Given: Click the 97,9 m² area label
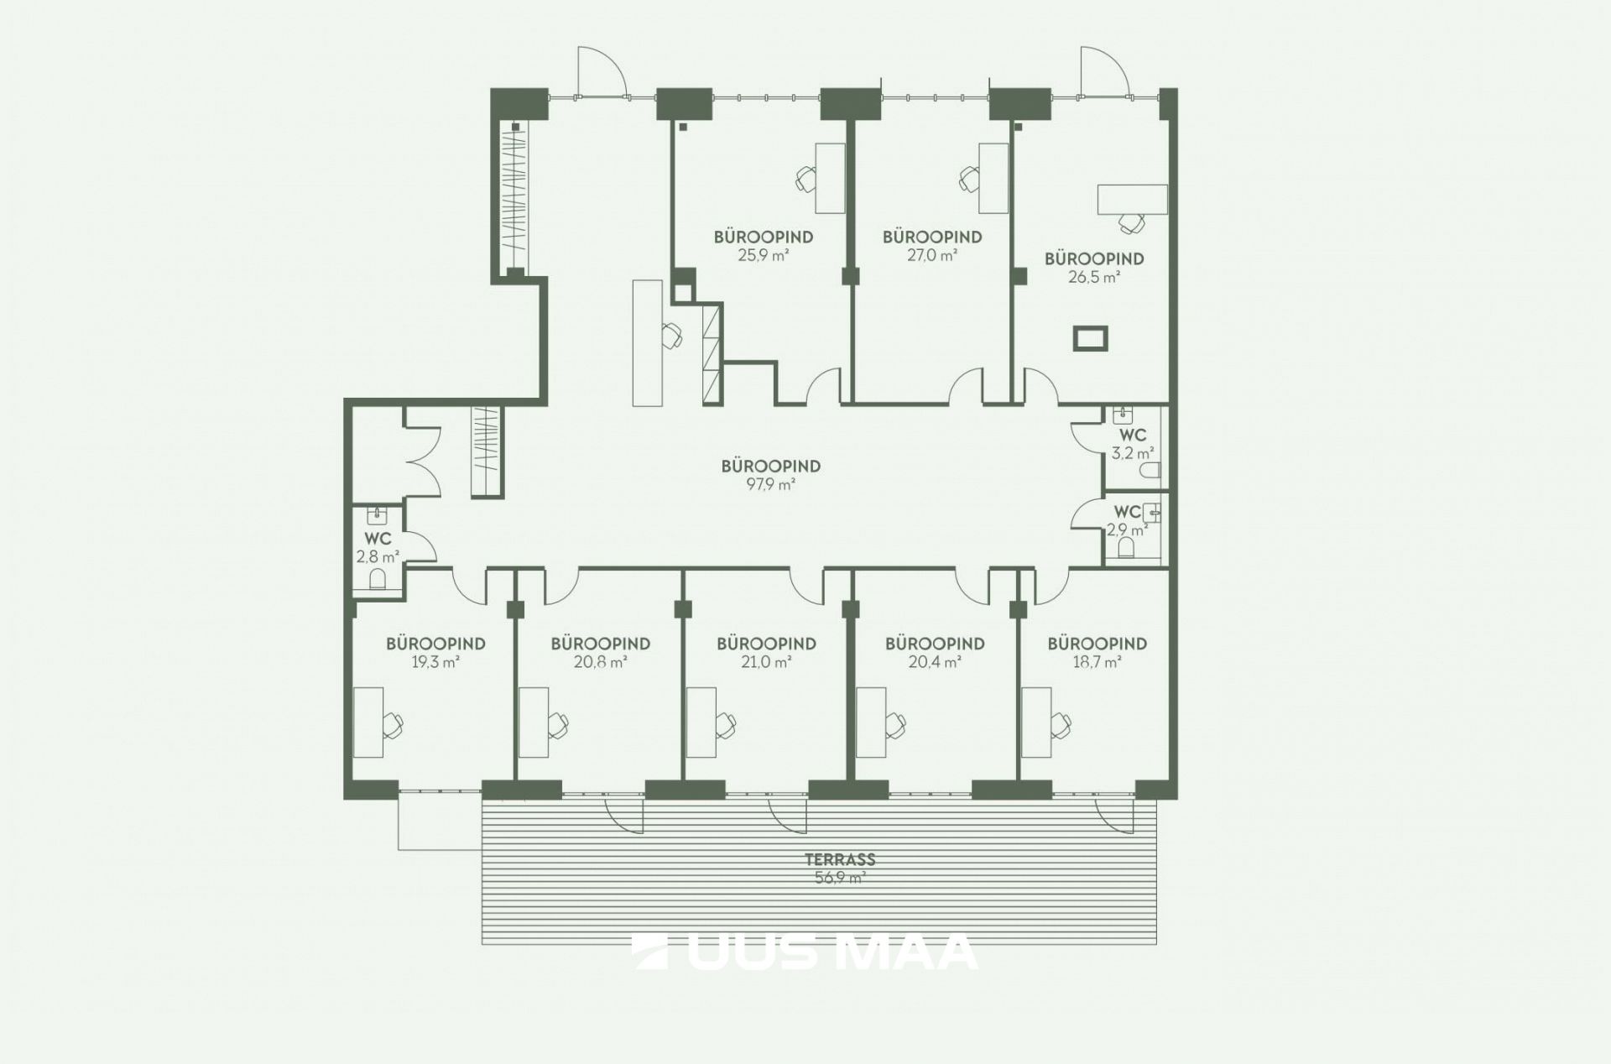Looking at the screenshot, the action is [x=771, y=484].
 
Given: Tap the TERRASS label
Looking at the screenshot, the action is [x=840, y=859].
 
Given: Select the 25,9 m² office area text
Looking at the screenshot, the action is [x=764, y=255].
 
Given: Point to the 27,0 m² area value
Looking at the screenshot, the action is [x=932, y=255].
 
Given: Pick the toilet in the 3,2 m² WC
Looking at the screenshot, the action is [x=1150, y=471].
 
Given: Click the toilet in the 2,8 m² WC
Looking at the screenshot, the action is [x=378, y=578].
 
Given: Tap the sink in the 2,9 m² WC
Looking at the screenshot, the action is [x=1153, y=512].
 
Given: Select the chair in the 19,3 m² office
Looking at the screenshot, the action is [x=393, y=723].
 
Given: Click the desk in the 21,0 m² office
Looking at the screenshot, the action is [x=701, y=722].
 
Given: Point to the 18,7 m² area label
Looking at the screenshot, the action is [x=1097, y=662].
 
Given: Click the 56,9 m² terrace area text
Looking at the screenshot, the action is [x=840, y=878].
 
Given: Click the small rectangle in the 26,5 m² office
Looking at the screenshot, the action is [x=1091, y=338].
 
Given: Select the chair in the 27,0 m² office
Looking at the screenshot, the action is [x=969, y=178].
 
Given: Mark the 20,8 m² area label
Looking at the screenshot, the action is [x=601, y=662].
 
